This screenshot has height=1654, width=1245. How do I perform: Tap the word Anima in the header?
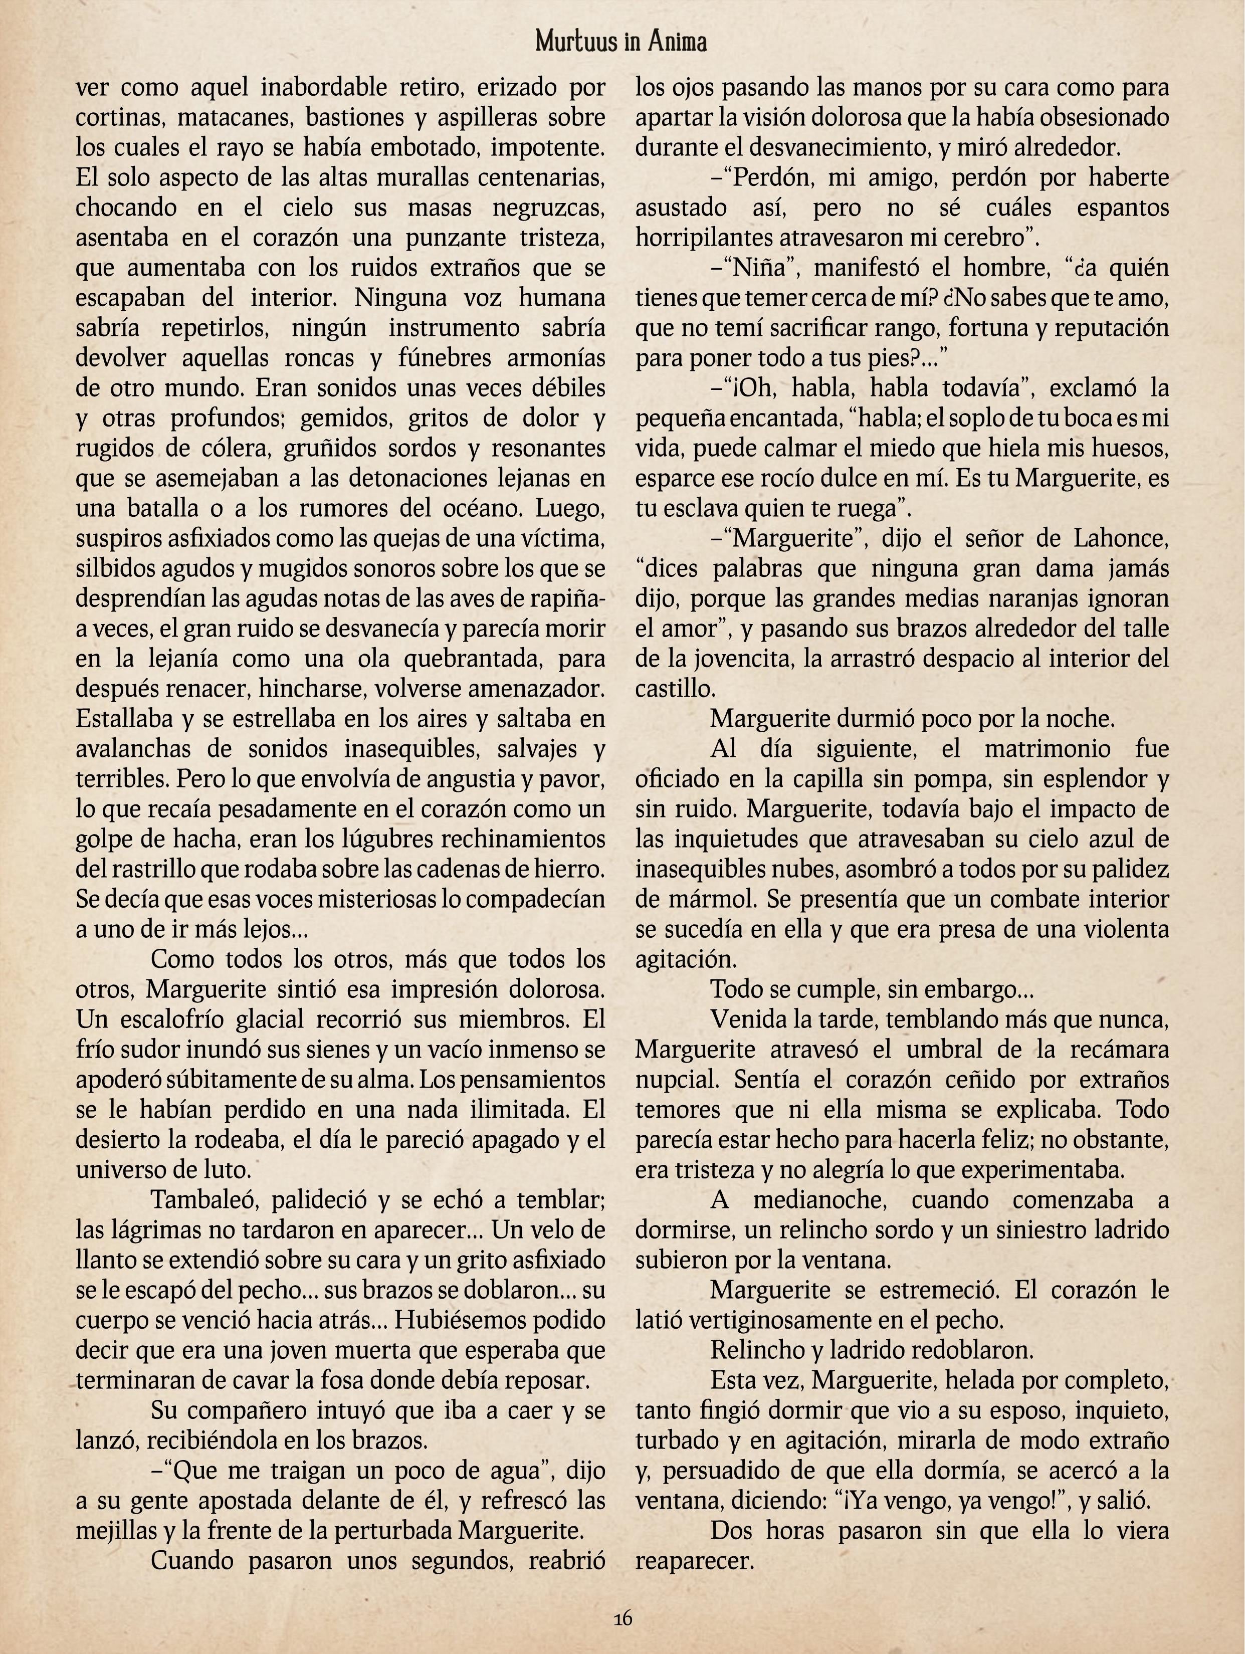tap(676, 43)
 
